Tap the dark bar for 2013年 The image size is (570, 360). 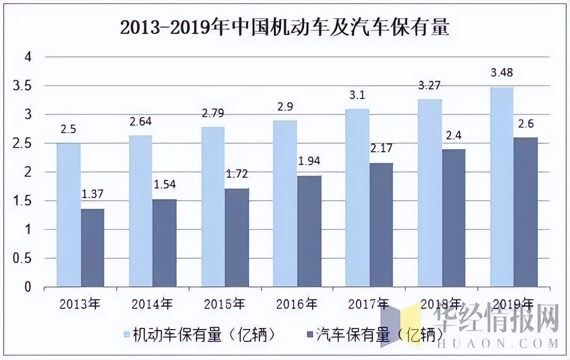click(x=92, y=248)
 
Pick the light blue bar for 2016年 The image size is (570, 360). click(x=285, y=203)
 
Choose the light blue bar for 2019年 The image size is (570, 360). click(x=501, y=187)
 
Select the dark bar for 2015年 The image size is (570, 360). click(x=237, y=238)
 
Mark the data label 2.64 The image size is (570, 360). click(x=141, y=121)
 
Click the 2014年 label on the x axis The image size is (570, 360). click(x=152, y=304)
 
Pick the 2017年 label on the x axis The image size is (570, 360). click(x=369, y=304)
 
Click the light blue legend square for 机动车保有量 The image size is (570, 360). click(x=126, y=335)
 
